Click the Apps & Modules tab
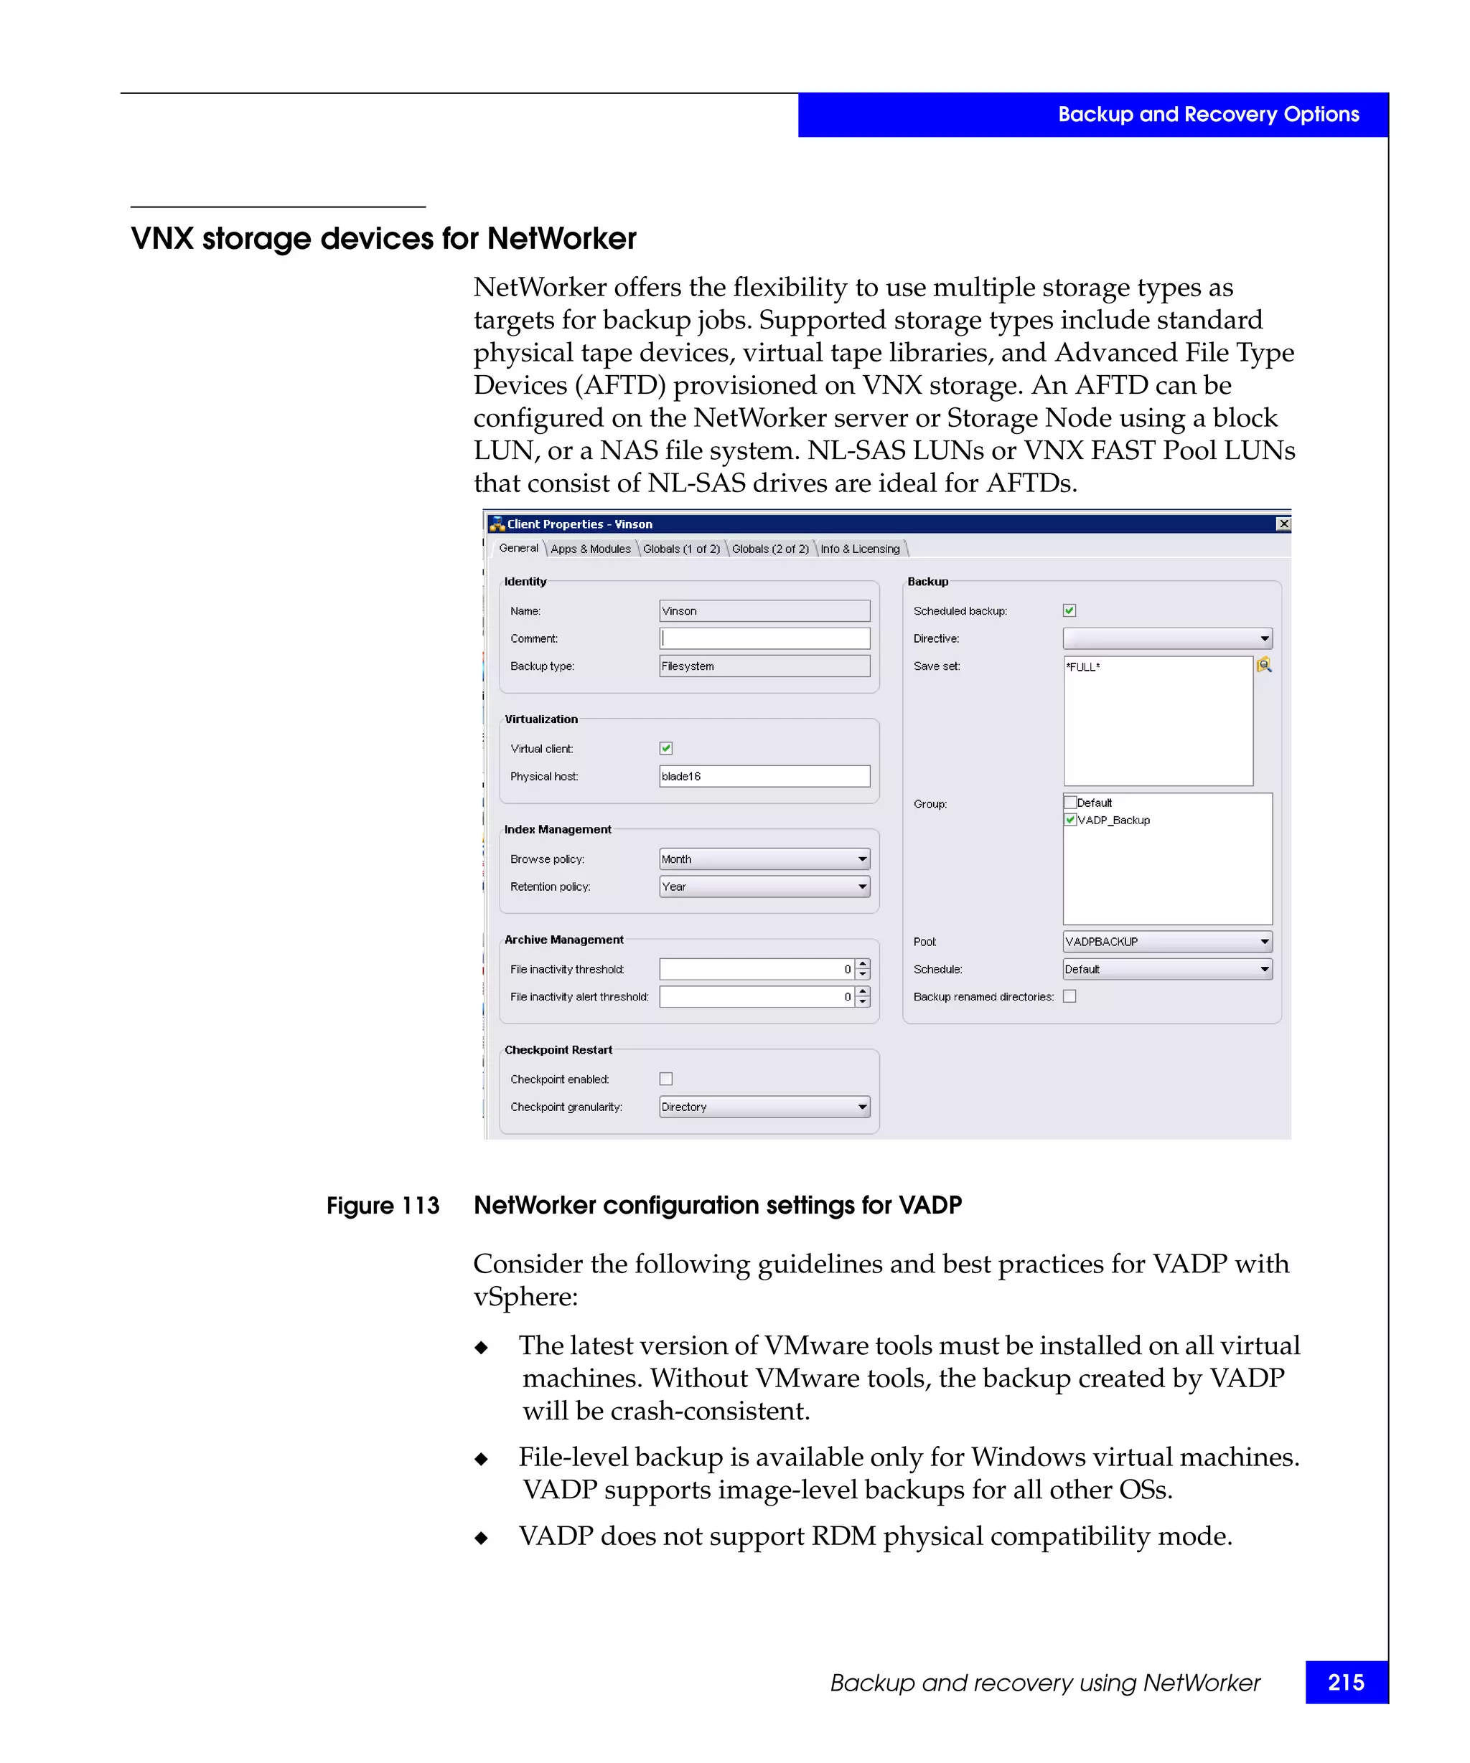click(591, 548)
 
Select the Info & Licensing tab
click(859, 548)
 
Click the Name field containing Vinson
click(764, 610)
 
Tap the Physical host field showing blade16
click(764, 776)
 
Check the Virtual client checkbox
click(666, 748)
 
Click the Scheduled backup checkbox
click(1069, 610)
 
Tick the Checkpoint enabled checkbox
click(666, 1079)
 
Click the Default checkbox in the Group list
click(1071, 802)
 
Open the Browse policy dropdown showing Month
click(764, 858)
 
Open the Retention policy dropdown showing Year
click(764, 886)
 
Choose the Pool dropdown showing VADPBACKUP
click(1167, 941)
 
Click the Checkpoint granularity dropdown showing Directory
click(764, 1107)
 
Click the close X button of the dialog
click(1283, 524)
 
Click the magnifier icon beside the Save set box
click(1263, 665)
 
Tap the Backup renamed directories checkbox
click(1069, 996)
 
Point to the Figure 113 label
click(383, 1206)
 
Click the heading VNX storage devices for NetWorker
click(384, 238)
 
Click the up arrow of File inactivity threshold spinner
click(863, 964)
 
